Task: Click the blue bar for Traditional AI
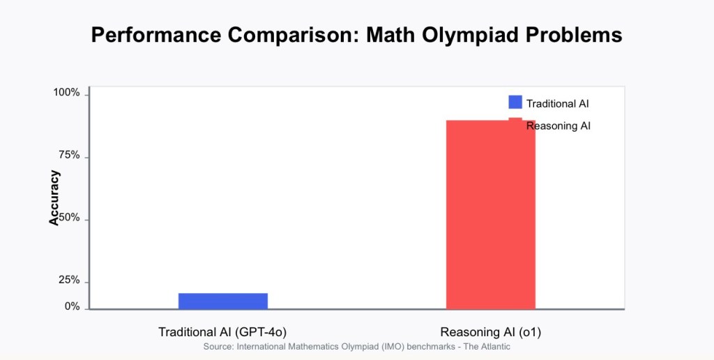click(x=222, y=301)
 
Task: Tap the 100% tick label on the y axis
click(x=67, y=93)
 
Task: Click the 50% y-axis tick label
click(x=70, y=218)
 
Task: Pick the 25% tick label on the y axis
click(x=70, y=280)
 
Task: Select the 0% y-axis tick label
click(x=73, y=307)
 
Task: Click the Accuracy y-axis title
click(x=54, y=197)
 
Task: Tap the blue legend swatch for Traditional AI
click(x=515, y=102)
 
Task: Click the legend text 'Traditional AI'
click(x=558, y=103)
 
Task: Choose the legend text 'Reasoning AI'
click(x=559, y=126)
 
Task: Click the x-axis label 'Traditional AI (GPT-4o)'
click(x=222, y=331)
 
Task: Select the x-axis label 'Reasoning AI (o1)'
click(x=490, y=331)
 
